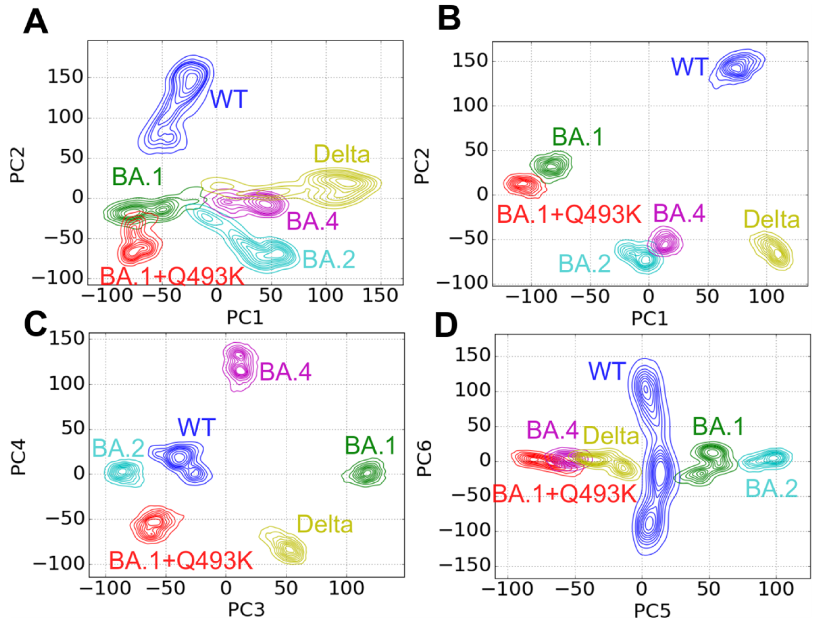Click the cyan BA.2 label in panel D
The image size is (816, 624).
point(772,488)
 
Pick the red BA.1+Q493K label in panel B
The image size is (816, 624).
point(569,214)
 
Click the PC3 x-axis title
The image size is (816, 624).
point(246,610)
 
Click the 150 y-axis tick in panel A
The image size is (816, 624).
point(65,77)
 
